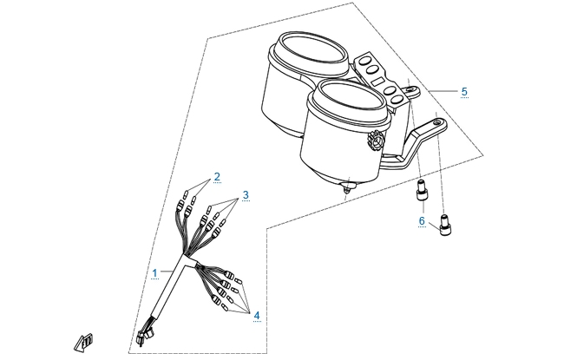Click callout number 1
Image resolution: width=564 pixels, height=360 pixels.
[x=154, y=273]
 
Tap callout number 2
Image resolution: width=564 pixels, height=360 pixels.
[x=217, y=177]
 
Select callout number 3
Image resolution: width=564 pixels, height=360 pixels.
[x=246, y=195]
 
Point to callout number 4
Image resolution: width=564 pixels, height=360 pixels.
[x=257, y=316]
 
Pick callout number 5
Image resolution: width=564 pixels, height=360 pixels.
[x=464, y=92]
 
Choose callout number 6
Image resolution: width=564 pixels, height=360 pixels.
[x=422, y=221]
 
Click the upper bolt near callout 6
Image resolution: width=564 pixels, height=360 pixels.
[x=423, y=190]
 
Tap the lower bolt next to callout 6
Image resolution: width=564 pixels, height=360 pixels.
[x=445, y=225]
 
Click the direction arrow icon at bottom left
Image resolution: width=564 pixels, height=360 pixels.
[x=84, y=343]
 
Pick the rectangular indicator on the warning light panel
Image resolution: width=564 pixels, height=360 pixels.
[x=378, y=81]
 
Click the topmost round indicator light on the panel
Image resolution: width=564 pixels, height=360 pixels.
[x=366, y=60]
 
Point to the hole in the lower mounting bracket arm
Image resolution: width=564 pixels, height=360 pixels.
[x=437, y=122]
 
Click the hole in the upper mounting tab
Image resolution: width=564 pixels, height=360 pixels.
[x=410, y=88]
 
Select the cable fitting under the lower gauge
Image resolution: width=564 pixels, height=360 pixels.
[x=347, y=187]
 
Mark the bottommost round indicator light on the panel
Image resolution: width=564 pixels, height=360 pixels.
[x=397, y=99]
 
